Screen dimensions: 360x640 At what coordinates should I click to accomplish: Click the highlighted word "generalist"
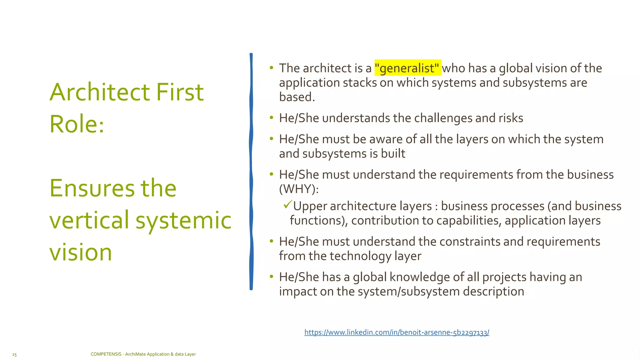click(407, 68)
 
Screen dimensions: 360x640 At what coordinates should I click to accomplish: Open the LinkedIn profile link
click(397, 332)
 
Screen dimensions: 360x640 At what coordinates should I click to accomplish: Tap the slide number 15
click(14, 354)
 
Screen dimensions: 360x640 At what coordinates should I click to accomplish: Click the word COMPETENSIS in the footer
click(106, 354)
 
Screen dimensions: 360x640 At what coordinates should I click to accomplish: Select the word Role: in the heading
click(77, 124)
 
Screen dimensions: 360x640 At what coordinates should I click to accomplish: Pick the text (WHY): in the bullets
click(299, 189)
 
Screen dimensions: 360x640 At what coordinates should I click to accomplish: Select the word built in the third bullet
click(393, 154)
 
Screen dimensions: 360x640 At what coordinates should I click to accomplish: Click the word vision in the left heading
click(81, 252)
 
